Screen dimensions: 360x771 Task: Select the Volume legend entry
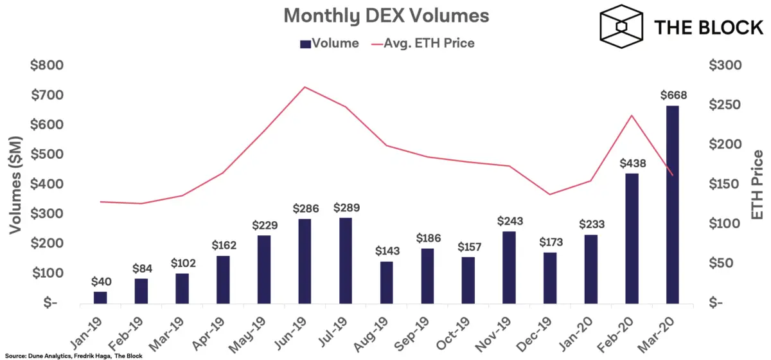[x=329, y=44]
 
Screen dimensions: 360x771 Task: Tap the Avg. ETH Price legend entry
[x=423, y=44]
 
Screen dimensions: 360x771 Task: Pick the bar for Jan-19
[x=100, y=296]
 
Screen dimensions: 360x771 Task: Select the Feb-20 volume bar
[x=632, y=238]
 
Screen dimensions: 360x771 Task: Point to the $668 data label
[x=673, y=95]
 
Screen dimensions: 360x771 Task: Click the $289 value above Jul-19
[x=346, y=208]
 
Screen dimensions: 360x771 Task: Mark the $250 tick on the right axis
[x=725, y=105]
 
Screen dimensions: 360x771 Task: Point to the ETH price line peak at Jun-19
[x=305, y=87]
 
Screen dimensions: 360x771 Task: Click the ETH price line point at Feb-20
[x=632, y=116]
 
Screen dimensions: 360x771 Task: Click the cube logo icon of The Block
[x=621, y=26]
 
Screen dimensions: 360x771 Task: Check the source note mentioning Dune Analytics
[x=71, y=355]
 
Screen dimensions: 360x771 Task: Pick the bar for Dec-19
[x=549, y=277]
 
